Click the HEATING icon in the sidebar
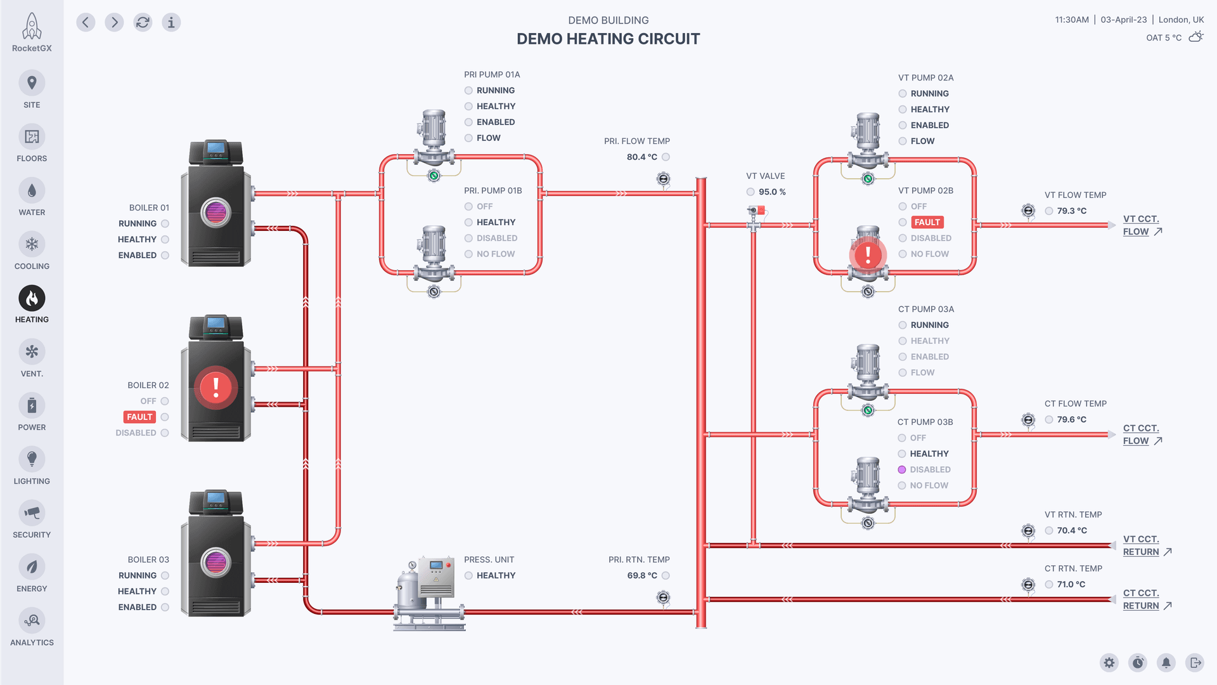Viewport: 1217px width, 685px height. (32, 298)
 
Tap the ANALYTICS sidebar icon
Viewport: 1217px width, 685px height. (32, 620)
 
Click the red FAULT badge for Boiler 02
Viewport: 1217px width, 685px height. (139, 417)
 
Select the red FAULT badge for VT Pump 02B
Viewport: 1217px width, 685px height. (927, 222)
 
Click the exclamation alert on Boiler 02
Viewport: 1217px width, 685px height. (216, 387)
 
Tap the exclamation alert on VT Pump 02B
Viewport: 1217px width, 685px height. (868, 255)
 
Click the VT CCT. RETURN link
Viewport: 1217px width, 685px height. (1141, 545)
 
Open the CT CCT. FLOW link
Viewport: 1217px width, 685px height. (1140, 434)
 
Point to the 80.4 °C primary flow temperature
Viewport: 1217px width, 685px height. (641, 157)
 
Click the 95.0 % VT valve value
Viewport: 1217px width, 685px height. (772, 192)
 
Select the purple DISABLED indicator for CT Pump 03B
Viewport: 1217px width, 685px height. (902, 469)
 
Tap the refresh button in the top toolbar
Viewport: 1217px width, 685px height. (143, 22)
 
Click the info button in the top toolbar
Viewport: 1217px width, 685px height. (171, 22)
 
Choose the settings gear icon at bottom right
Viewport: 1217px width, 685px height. (1109, 663)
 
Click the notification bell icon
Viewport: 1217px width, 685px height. (1166, 663)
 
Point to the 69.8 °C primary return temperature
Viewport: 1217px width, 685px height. (641, 575)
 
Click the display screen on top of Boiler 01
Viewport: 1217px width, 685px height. (216, 148)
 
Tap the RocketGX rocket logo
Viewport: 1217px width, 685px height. (32, 27)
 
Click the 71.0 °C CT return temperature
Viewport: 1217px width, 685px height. (1071, 584)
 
